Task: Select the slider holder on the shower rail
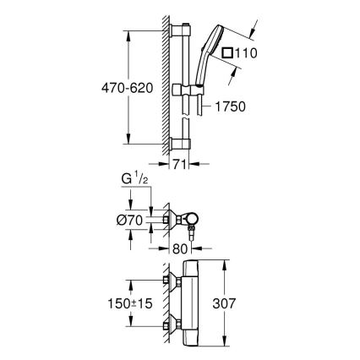(x=179, y=89)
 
